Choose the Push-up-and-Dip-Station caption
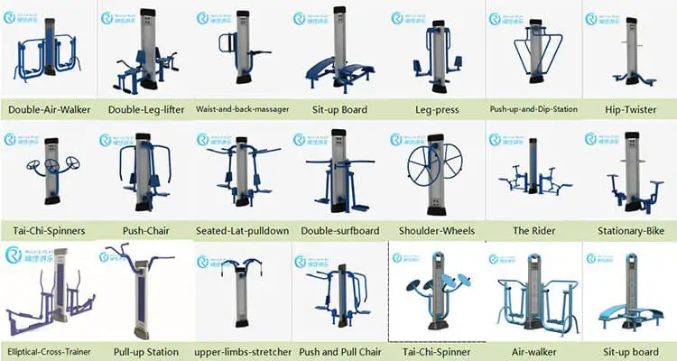pos(533,110)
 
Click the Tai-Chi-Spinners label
pos(46,231)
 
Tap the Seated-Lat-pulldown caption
pos(242,231)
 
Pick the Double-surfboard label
pos(340,231)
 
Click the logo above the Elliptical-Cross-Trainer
pos(22,255)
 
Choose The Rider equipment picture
pos(532,176)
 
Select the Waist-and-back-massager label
pos(242,110)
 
